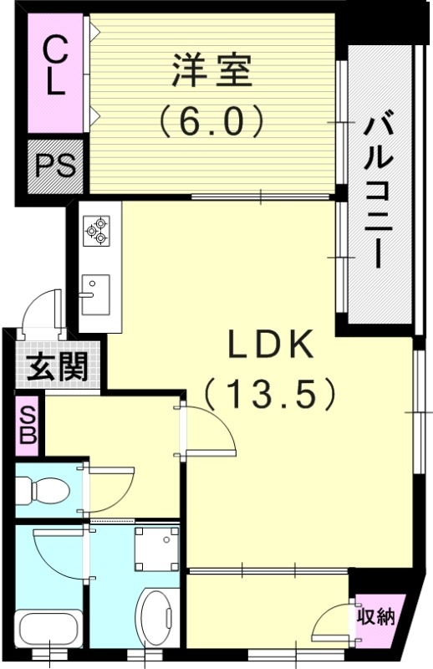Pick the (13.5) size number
(x=272, y=393)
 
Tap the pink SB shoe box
(x=28, y=426)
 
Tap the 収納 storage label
(x=376, y=618)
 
